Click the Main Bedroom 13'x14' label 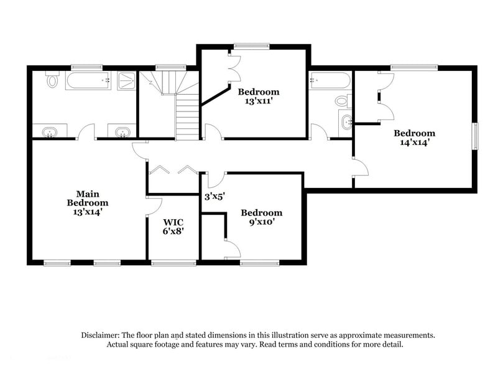[88, 203]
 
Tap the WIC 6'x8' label [173, 226]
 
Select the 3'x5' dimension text [215, 196]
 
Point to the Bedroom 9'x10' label [261, 217]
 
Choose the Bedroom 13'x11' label [259, 96]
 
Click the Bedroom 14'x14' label [414, 138]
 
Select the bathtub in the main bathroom [87, 81]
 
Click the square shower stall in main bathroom [126, 81]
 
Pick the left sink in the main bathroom [50, 131]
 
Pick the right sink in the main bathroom [122, 131]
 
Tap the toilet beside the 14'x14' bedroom [342, 101]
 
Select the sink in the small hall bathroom [346, 123]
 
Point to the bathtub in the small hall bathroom [330, 81]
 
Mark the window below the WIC [173, 263]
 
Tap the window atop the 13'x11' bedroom [252, 45]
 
